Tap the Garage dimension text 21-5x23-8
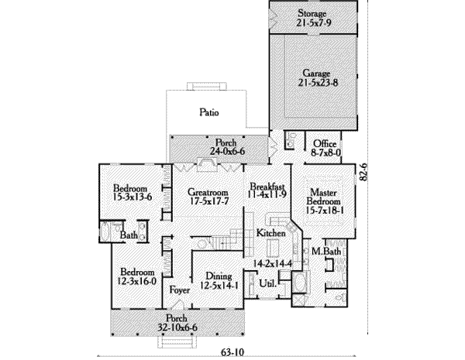click(312, 81)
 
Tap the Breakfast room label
click(268, 187)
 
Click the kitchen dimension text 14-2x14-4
click(266, 264)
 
